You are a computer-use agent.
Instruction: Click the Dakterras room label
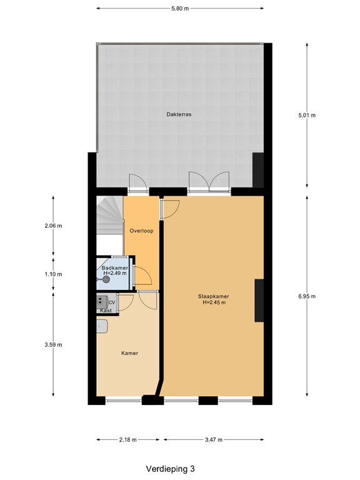click(179, 114)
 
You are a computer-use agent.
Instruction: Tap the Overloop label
click(141, 231)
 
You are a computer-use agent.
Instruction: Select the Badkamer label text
click(114, 267)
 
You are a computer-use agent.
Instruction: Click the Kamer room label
click(129, 353)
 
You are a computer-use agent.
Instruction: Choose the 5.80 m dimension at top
click(179, 8)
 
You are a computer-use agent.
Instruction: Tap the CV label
click(111, 302)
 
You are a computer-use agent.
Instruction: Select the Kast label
click(106, 311)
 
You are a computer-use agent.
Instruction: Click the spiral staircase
click(109, 216)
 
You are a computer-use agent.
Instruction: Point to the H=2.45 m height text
click(214, 303)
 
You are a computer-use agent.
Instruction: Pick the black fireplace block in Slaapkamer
click(259, 301)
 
